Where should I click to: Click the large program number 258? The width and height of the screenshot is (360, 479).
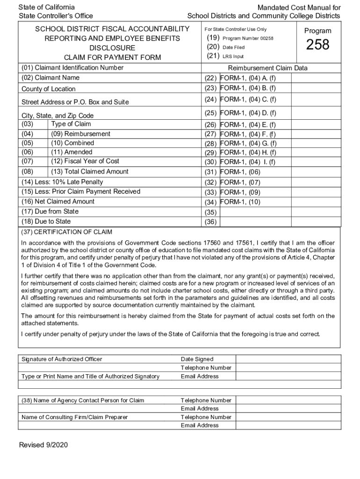pyautogui.click(x=317, y=45)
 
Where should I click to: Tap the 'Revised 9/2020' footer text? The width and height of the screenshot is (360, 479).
pyautogui.click(x=43, y=445)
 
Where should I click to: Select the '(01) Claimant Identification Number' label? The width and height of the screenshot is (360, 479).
pyautogui.click(x=72, y=68)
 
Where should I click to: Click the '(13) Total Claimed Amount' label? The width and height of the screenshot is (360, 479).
pyautogui.click(x=90, y=172)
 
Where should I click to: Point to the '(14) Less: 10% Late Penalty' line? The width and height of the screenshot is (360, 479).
pyautogui.click(x=62, y=182)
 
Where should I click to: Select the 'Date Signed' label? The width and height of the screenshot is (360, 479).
pyautogui.click(x=197, y=359)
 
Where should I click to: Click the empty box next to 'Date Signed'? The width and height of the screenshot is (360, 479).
pyautogui.click(x=288, y=359)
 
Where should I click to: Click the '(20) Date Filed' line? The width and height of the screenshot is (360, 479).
pyautogui.click(x=225, y=47)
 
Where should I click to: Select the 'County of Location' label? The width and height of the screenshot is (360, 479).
pyautogui.click(x=48, y=89)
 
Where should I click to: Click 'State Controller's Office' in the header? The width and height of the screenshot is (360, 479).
pyautogui.click(x=56, y=16)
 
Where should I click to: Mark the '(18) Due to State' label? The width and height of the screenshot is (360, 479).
pyautogui.click(x=46, y=222)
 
